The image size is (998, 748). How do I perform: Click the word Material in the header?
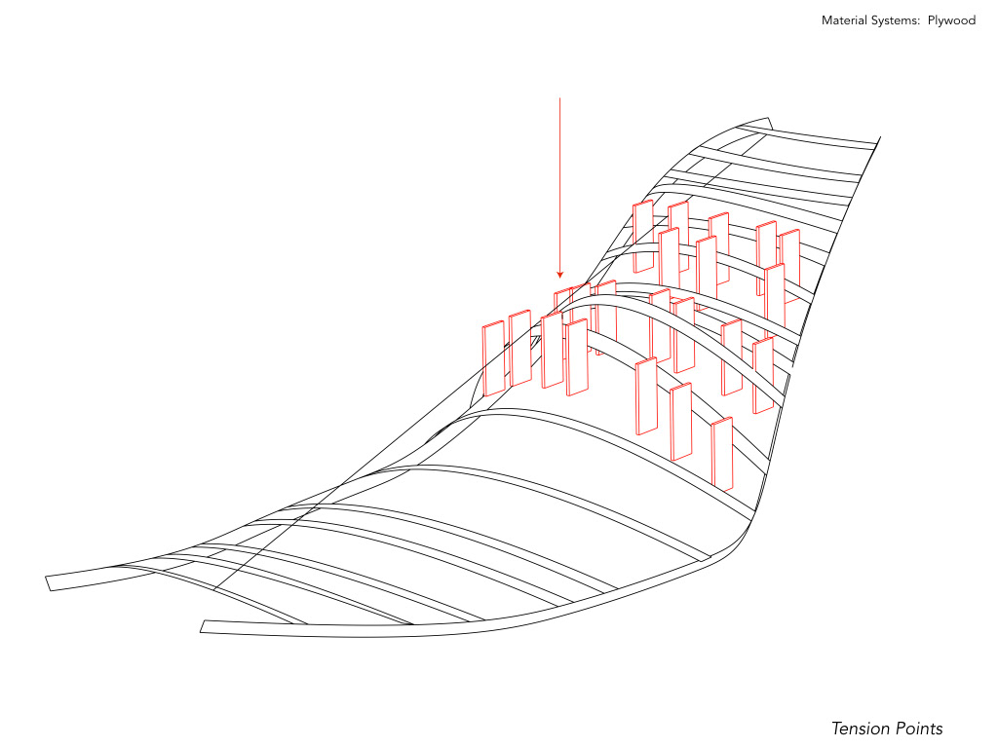pos(845,20)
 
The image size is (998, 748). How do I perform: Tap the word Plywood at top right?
pos(951,20)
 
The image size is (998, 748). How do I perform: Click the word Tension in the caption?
pos(860,729)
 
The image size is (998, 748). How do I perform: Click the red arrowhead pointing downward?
pos(559,274)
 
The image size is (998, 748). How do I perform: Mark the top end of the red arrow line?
pos(559,98)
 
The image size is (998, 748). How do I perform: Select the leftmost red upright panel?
pos(494,358)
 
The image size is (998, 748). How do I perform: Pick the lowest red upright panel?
pos(722,454)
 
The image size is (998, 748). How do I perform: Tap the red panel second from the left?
pos(519,348)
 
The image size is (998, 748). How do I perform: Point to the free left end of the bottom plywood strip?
pos(203,626)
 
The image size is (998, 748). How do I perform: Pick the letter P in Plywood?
pos(932,20)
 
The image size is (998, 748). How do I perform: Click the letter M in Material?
pos(826,20)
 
